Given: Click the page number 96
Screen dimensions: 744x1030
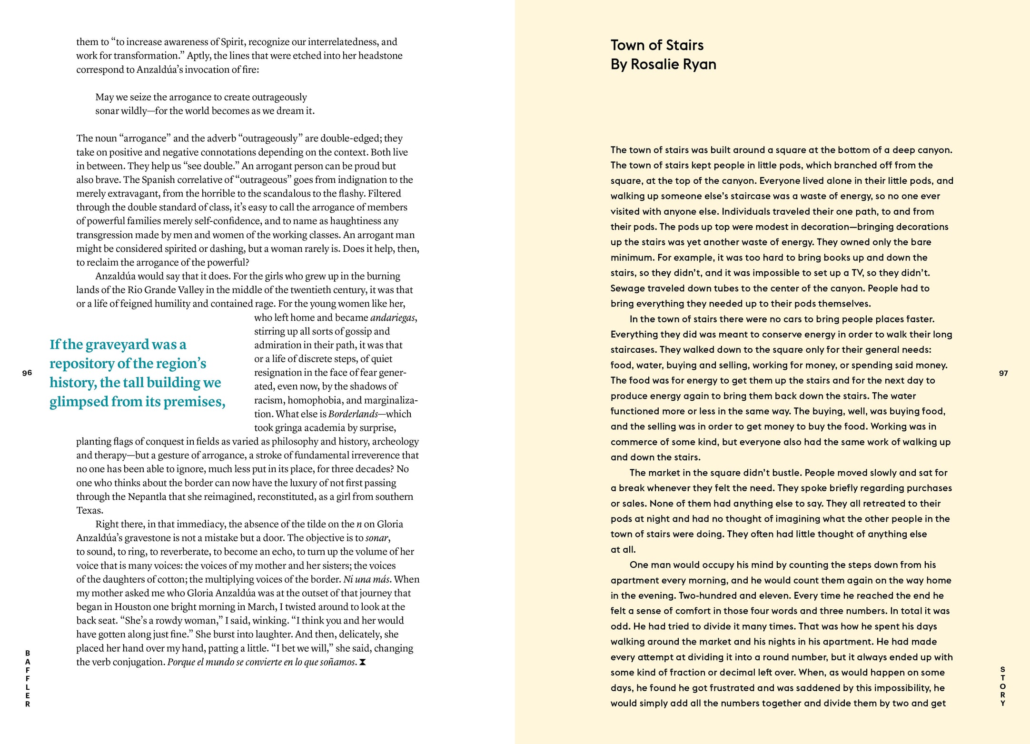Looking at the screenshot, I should [27, 373].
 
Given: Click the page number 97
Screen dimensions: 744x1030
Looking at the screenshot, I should [1003, 373].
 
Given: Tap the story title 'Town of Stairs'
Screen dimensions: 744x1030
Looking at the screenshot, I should [657, 45].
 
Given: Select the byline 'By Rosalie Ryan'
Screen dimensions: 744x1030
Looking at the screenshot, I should [663, 64].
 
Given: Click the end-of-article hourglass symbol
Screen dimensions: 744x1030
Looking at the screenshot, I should [363, 662].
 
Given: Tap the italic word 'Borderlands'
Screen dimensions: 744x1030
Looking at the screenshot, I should [353, 414].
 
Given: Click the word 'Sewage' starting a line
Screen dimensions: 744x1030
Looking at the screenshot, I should [627, 288].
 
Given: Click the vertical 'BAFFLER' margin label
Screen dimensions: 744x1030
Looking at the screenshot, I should [28, 678].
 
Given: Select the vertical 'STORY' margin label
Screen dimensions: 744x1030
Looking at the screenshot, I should [1003, 686].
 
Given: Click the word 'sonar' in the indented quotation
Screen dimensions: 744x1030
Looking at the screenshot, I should [108, 111].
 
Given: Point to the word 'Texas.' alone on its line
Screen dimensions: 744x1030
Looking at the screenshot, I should [90, 510].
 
